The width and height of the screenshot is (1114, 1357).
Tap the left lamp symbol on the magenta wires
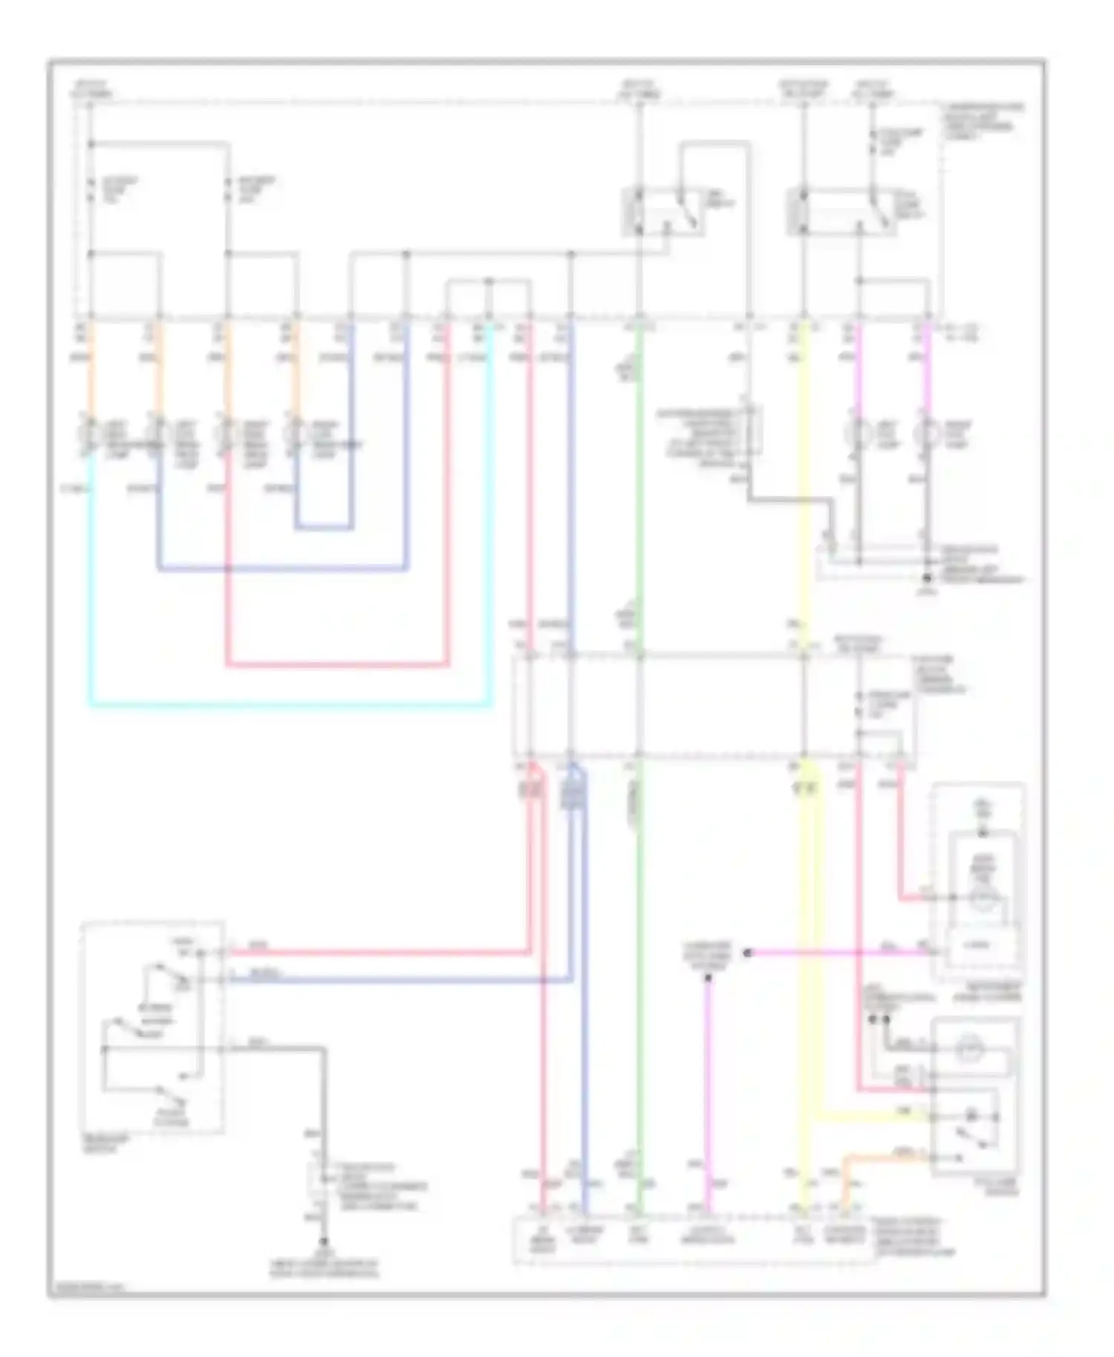coord(859,434)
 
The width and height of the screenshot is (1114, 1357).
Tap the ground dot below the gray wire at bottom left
coord(324,1241)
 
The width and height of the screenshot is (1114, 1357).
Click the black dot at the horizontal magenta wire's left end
coord(749,952)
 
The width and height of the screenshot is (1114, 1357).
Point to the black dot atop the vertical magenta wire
coord(708,978)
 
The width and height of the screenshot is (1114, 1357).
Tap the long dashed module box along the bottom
coord(694,1238)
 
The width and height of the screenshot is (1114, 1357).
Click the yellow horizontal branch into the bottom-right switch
coord(869,1117)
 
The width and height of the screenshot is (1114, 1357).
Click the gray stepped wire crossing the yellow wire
coord(787,500)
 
